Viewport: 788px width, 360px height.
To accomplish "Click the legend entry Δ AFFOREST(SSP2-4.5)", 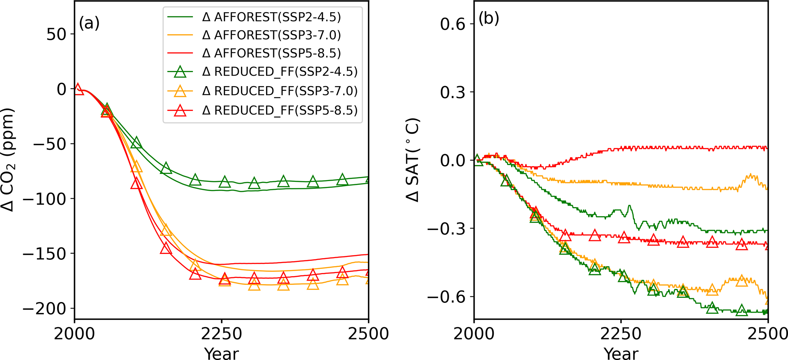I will [x=271, y=17].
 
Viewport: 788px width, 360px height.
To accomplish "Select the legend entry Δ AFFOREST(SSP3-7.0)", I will [x=271, y=35].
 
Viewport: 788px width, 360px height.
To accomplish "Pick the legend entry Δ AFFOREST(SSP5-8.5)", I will [x=271, y=53].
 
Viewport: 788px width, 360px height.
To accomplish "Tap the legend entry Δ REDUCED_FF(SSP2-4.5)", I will [x=280, y=71].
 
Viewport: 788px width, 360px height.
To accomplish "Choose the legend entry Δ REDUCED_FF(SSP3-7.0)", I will [x=280, y=91].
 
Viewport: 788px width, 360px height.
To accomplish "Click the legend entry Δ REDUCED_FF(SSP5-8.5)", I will [x=280, y=110].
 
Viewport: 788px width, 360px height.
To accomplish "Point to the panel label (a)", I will [x=89, y=24].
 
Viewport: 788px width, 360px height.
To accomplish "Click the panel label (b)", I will [x=489, y=18].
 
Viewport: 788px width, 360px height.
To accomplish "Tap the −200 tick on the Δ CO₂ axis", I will [x=44, y=309].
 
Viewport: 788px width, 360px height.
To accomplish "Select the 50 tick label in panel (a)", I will [x=56, y=34].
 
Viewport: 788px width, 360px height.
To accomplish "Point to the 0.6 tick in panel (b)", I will [x=453, y=24].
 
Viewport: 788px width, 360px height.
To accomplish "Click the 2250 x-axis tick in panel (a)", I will [x=221, y=334].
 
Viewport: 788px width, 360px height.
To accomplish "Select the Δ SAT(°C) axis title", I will [x=412, y=160].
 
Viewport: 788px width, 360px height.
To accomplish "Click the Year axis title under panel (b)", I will [x=621, y=353].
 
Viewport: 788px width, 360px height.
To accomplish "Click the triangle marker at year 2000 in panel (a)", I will [x=78, y=89].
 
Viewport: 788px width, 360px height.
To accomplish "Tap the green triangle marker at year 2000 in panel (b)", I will [x=477, y=159].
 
